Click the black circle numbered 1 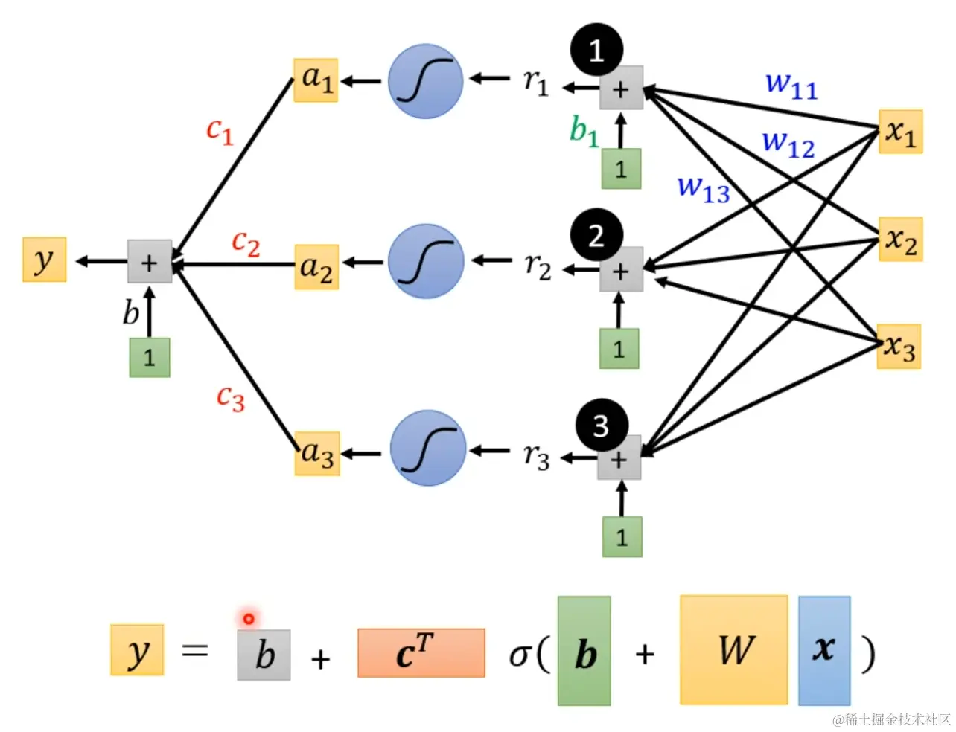pyautogui.click(x=596, y=49)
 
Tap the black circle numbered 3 pyautogui.click(x=602, y=425)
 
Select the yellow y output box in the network pyautogui.click(x=45, y=259)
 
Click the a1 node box pyautogui.click(x=316, y=80)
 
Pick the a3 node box pyautogui.click(x=317, y=454)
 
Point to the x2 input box pyautogui.click(x=901, y=239)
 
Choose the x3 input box pyautogui.click(x=899, y=347)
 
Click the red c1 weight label pyautogui.click(x=220, y=131)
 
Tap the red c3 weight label pyautogui.click(x=231, y=398)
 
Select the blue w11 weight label pyautogui.click(x=791, y=86)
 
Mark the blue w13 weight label pyautogui.click(x=704, y=190)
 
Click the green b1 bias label pyautogui.click(x=584, y=130)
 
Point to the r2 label pyautogui.click(x=538, y=266)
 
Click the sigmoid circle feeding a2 pyautogui.click(x=426, y=261)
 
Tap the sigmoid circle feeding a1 pyautogui.click(x=425, y=81)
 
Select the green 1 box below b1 pyautogui.click(x=621, y=169)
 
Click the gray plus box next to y pyautogui.click(x=150, y=261)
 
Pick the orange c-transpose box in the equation pyautogui.click(x=421, y=653)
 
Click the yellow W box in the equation pyautogui.click(x=733, y=650)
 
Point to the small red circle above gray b pyautogui.click(x=249, y=619)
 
